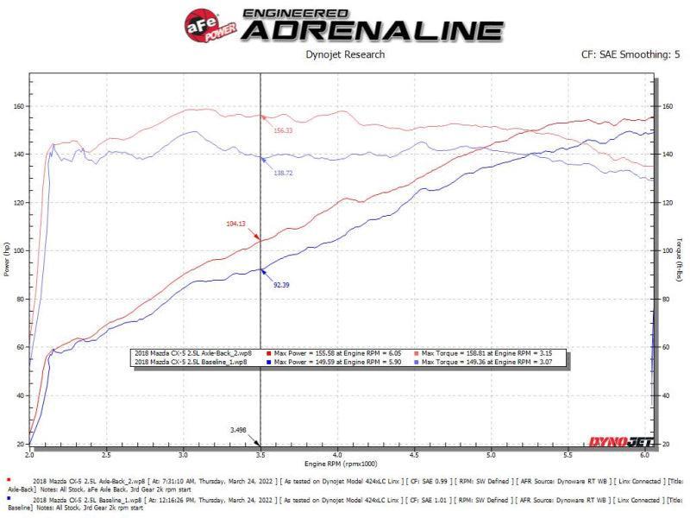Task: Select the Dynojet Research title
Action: click(x=345, y=55)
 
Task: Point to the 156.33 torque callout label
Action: click(x=283, y=131)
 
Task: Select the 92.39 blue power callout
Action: click(x=281, y=284)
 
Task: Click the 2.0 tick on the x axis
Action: click(x=29, y=452)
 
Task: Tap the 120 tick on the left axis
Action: click(x=19, y=203)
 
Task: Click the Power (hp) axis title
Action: click(x=8, y=260)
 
